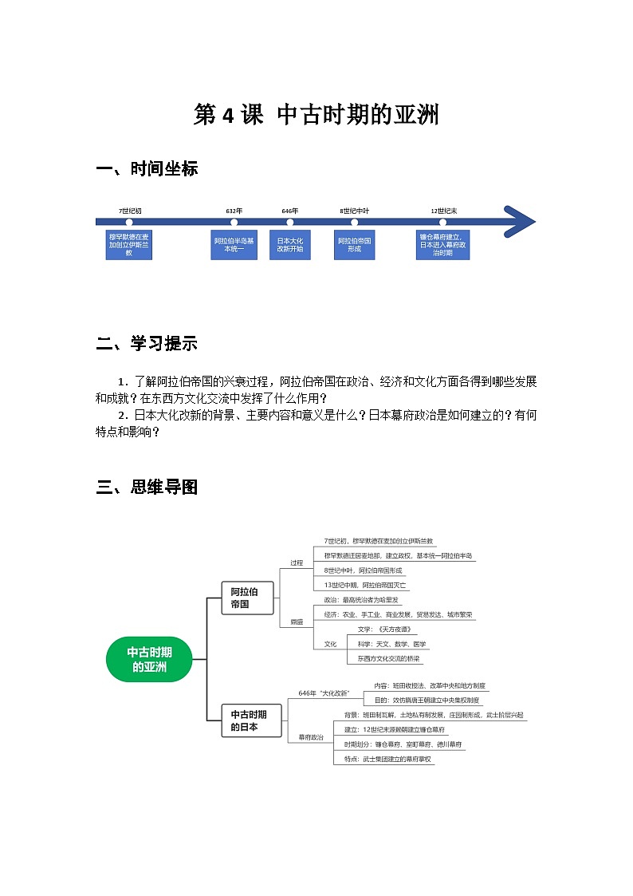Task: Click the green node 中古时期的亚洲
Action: [x=149, y=659]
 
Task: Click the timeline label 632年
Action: [x=234, y=211]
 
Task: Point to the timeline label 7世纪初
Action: [x=129, y=211]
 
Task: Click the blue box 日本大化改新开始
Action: [x=290, y=245]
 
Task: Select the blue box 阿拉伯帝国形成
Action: [x=355, y=245]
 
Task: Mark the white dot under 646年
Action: [x=290, y=222]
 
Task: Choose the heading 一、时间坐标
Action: [x=147, y=169]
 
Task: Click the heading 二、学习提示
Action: [x=147, y=344]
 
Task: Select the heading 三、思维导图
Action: [x=147, y=487]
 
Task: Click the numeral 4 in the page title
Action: [x=227, y=116]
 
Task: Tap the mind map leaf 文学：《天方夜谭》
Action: [x=387, y=630]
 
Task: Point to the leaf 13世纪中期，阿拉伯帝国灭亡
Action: [x=366, y=585]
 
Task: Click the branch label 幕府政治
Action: [x=311, y=737]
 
